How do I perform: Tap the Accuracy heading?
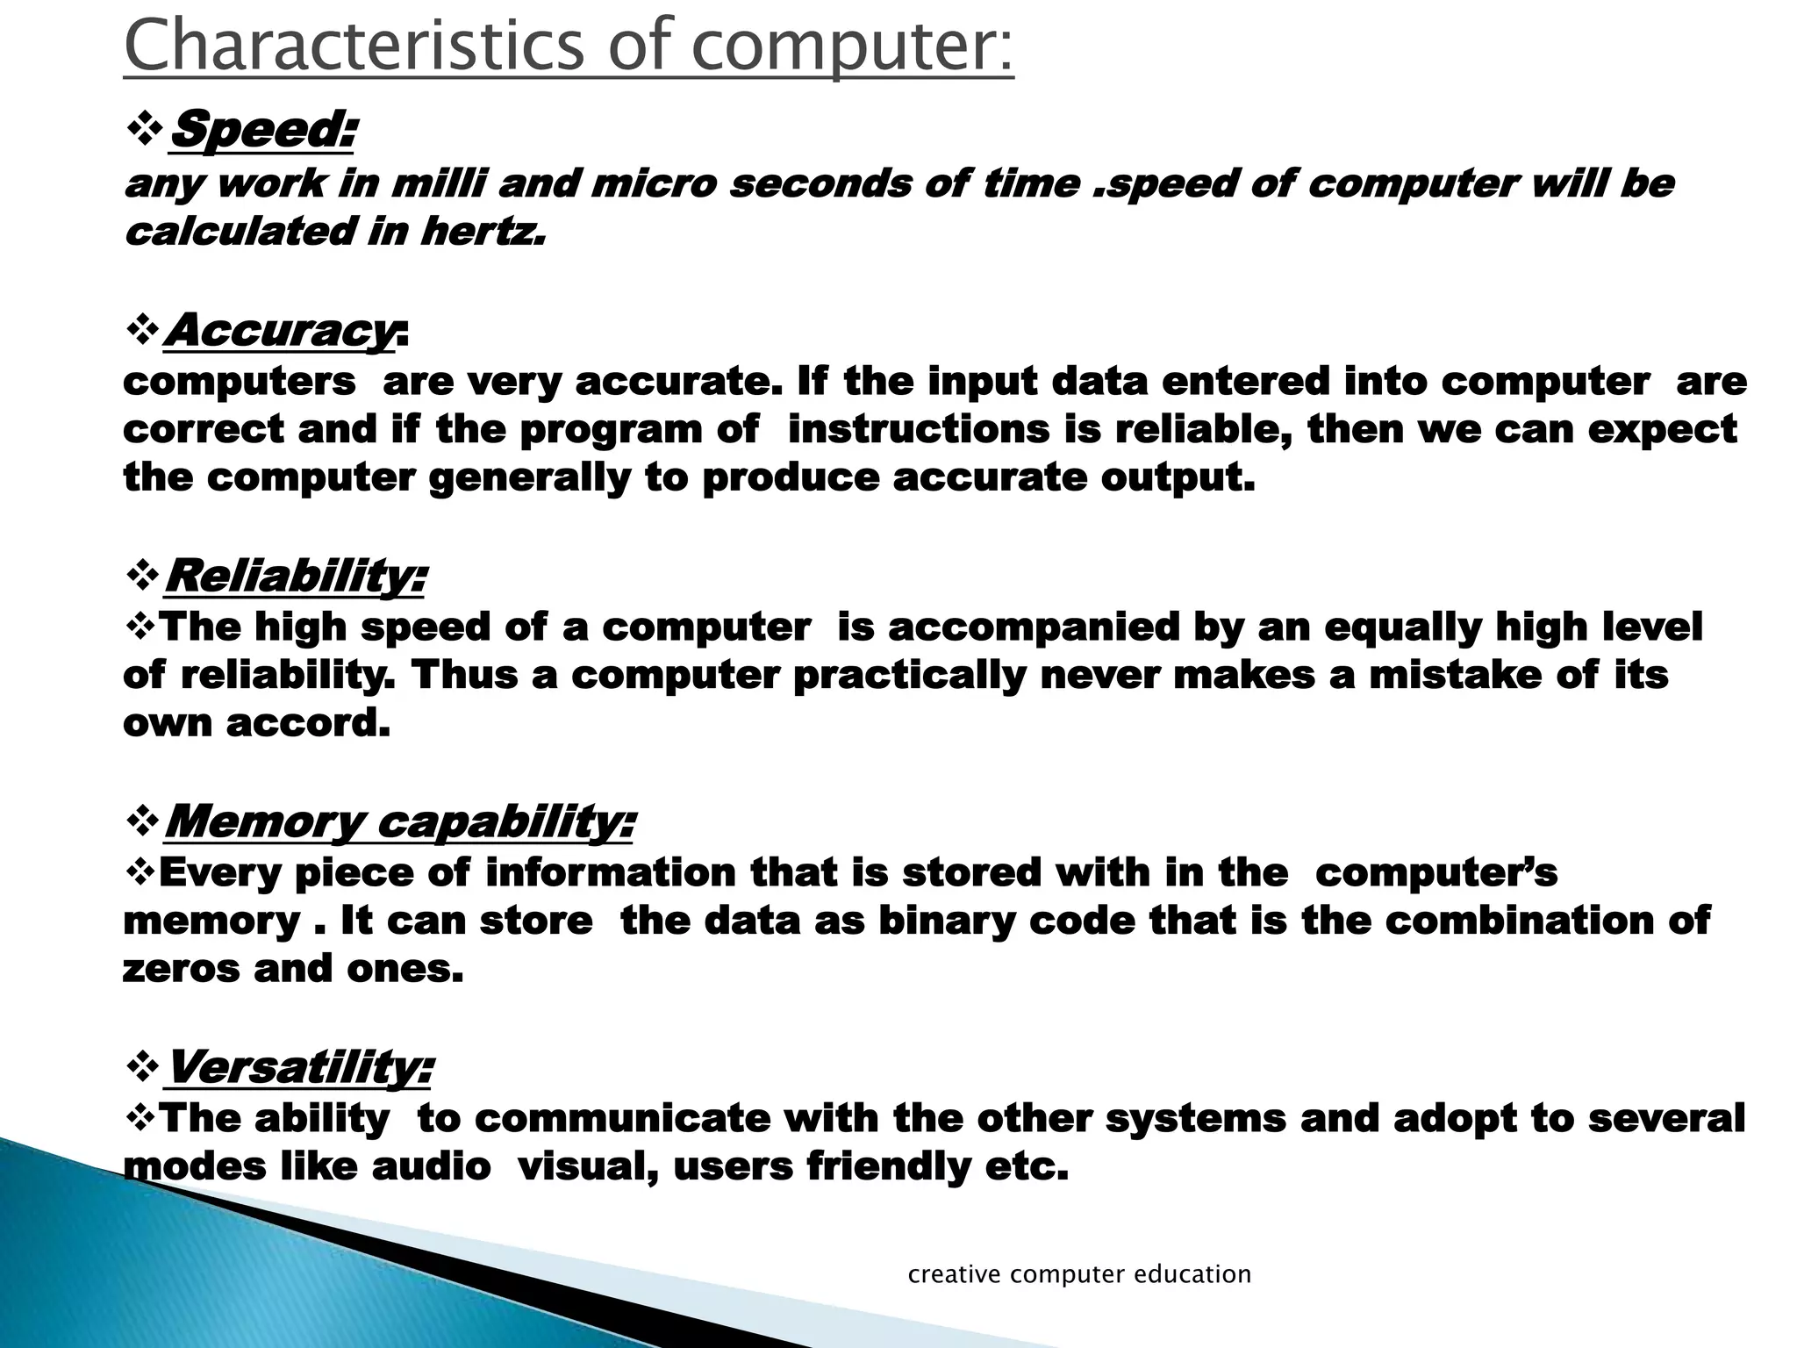pyautogui.click(x=280, y=331)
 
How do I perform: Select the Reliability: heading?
pyautogui.click(x=295, y=577)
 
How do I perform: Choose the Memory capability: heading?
pyautogui.click(x=399, y=822)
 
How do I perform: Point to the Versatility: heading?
pyautogui.click(x=298, y=1068)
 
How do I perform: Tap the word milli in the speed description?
pyautogui.click(x=438, y=184)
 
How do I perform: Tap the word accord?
pyautogui.click(x=308, y=723)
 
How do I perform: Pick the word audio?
pyautogui.click(x=431, y=1166)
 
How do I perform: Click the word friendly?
pyautogui.click(x=888, y=1166)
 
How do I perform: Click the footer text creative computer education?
pyautogui.click(x=1079, y=1273)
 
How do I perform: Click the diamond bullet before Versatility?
pyautogui.click(x=141, y=1069)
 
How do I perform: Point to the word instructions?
pyautogui.click(x=919, y=429)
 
